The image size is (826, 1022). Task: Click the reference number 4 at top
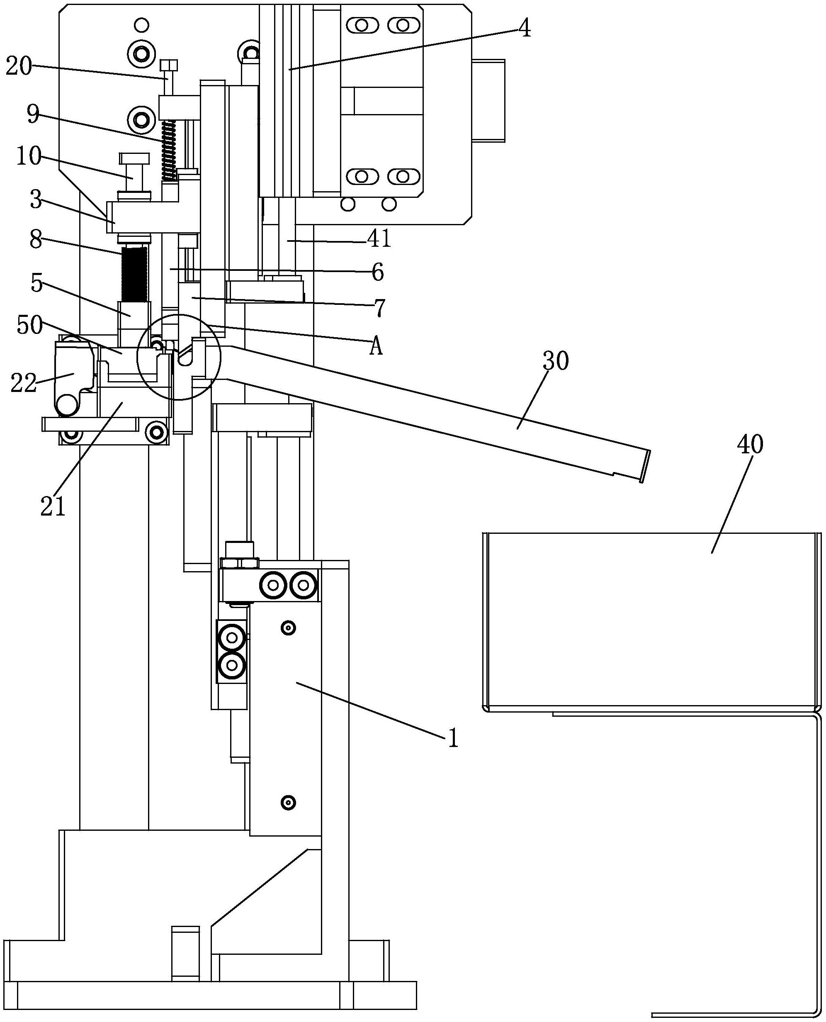523,29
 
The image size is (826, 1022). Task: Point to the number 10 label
29,156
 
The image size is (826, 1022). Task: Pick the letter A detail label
376,347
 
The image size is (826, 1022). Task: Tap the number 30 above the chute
555,362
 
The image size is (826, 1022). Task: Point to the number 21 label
52,507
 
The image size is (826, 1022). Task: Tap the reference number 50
29,325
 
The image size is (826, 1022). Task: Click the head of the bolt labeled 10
135,158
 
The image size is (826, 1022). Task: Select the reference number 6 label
377,273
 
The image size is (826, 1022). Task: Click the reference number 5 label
36,284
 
